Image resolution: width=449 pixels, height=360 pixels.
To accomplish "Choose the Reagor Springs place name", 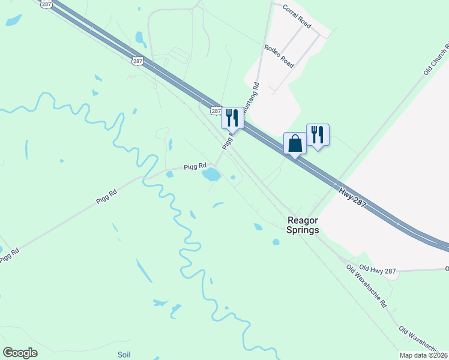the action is tap(301, 225).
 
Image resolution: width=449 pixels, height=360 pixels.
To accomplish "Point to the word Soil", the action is tap(124, 354).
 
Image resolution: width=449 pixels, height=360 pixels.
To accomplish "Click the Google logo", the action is tap(20, 352).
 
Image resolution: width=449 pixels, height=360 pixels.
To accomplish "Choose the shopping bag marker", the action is tap(294, 144).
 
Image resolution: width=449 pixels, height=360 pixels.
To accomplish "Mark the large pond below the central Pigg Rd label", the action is tap(211, 175).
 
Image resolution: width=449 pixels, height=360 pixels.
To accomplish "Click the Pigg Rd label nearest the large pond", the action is tap(195, 166).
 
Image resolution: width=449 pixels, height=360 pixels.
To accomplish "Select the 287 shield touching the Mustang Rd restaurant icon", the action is tap(217, 112).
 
